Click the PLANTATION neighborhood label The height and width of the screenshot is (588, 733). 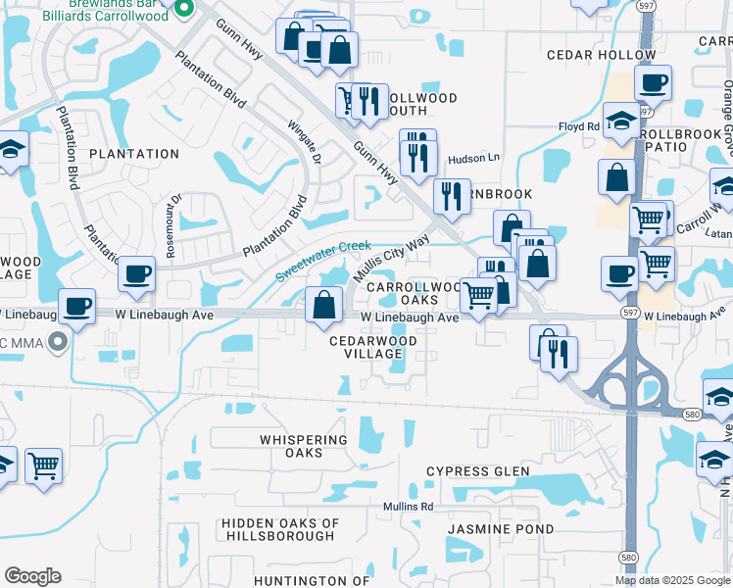pyautogui.click(x=134, y=154)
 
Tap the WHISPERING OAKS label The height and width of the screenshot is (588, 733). pyautogui.click(x=305, y=446)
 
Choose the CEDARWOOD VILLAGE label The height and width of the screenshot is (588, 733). pyautogui.click(x=372, y=347)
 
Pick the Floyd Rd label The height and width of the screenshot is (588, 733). pyautogui.click(x=578, y=127)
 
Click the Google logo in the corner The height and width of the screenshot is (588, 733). pyautogui.click(x=32, y=576)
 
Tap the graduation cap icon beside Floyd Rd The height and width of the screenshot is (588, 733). pyautogui.click(x=620, y=121)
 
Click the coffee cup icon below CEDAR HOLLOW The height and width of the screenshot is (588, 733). pyautogui.click(x=653, y=83)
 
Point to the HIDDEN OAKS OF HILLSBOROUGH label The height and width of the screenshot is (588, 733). pyautogui.click(x=279, y=530)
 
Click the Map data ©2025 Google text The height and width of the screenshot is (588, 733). pyautogui.click(x=672, y=580)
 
